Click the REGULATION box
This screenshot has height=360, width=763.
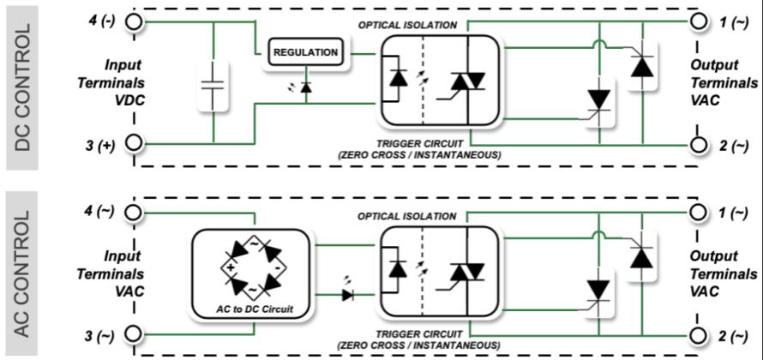click(x=306, y=53)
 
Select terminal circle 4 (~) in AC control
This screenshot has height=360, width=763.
click(x=134, y=211)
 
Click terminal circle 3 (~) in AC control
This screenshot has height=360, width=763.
click(x=134, y=334)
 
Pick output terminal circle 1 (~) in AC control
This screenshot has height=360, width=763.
click(x=700, y=211)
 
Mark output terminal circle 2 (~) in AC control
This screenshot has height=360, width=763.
click(x=700, y=334)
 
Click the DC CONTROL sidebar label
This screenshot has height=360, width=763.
click(x=25, y=87)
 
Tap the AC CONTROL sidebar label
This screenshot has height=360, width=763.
click(x=25, y=274)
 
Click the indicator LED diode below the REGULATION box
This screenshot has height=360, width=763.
click(x=306, y=87)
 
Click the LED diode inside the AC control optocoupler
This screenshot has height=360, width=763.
click(x=398, y=269)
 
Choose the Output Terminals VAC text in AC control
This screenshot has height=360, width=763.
click(x=724, y=273)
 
